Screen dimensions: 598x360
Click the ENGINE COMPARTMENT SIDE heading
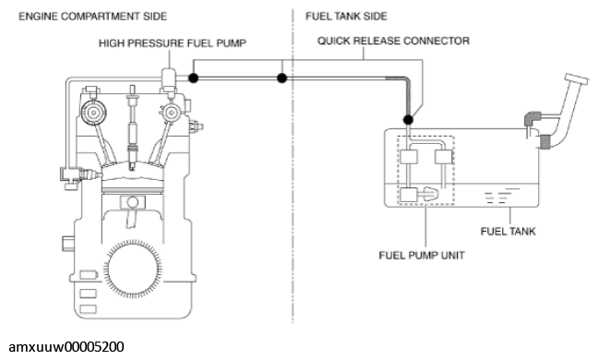92,17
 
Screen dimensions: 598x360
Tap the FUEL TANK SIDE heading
346,17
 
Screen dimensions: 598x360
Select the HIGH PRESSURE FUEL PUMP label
173,43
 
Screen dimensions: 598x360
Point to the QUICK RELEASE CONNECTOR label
393,41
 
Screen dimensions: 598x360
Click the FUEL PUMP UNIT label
422,255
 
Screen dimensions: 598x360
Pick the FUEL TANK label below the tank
508,231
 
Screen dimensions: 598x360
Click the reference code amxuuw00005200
66,347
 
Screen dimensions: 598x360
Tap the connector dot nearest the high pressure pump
194,78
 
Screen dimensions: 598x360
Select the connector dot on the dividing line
281,78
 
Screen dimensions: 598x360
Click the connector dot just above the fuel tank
408,120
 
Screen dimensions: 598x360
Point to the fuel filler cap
577,79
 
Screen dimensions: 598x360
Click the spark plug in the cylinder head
132,127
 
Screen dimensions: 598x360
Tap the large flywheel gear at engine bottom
132,269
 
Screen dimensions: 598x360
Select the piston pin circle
132,202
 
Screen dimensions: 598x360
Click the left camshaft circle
93,113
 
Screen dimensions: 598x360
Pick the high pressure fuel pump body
169,81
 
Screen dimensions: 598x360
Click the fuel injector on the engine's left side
81,175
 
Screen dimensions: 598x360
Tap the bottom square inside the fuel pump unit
408,195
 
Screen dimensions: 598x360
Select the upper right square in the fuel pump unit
443,157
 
